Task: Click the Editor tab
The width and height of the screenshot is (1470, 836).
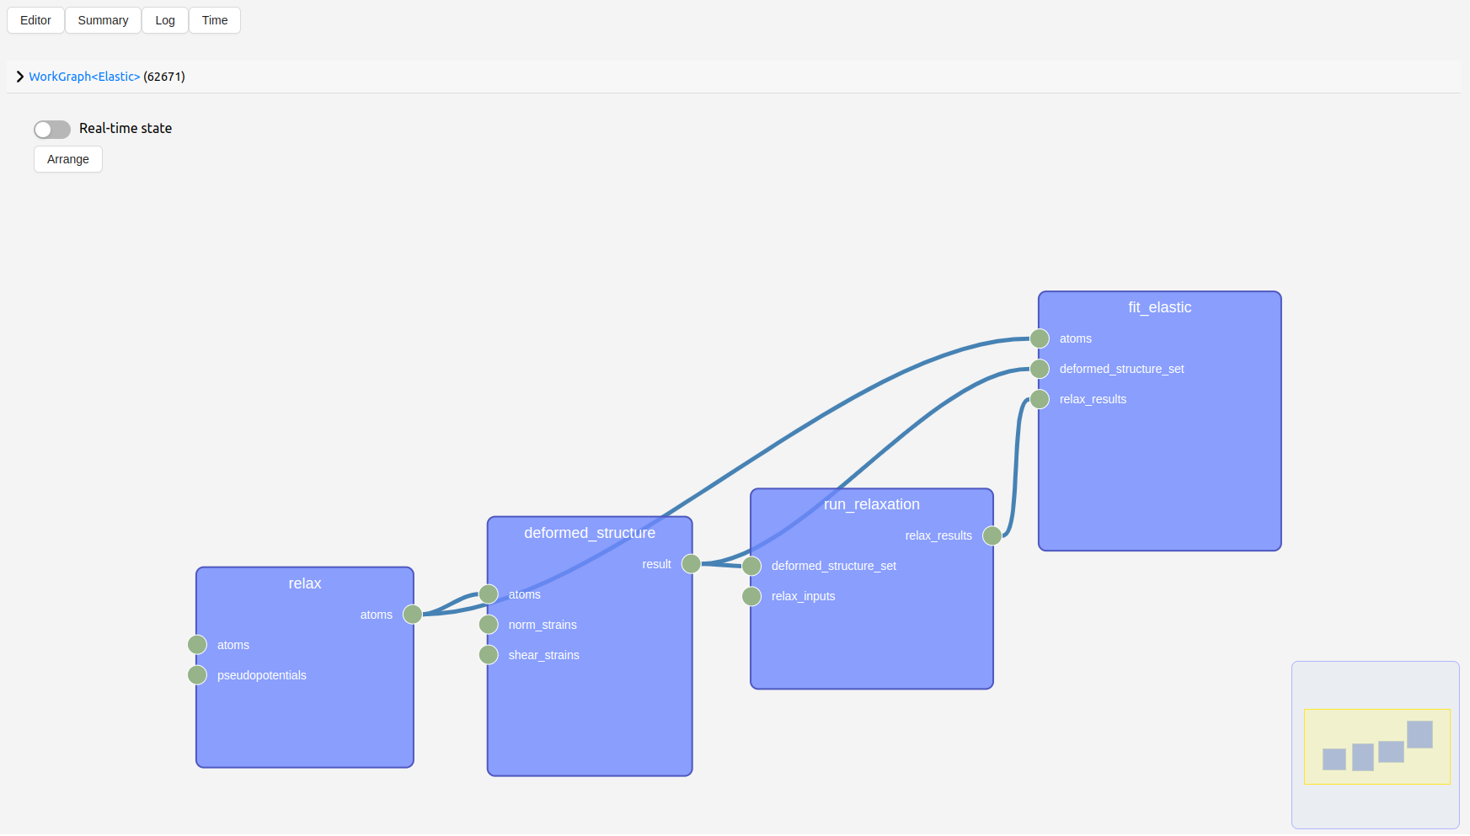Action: tap(35, 20)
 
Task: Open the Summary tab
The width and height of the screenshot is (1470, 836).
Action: tap(103, 20)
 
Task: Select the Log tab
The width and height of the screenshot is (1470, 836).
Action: tap(165, 20)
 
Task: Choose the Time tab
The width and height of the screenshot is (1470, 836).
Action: tap(215, 20)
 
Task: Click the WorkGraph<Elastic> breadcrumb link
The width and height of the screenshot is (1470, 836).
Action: tap(84, 77)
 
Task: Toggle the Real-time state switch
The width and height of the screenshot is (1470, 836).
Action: tap(52, 129)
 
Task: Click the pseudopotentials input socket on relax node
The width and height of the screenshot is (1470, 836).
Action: tap(197, 675)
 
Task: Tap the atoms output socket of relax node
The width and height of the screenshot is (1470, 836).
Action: tap(413, 615)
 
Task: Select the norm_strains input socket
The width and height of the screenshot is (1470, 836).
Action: tap(489, 625)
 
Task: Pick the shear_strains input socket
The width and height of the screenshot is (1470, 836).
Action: tap(489, 655)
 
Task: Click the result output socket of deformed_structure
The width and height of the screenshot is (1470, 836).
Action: tap(692, 564)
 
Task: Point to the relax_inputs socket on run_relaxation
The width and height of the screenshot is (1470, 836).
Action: tap(751, 596)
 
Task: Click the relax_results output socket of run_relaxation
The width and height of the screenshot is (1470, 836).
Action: tap(992, 535)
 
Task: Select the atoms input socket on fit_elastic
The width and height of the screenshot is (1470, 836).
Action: tap(1040, 338)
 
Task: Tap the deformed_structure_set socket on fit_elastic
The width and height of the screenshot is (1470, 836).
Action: tap(1040, 369)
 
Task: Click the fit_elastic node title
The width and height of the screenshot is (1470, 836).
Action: tap(1160, 307)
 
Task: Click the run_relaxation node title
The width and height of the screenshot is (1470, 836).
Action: tap(872, 504)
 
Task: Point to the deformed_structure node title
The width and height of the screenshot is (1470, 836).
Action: tap(590, 533)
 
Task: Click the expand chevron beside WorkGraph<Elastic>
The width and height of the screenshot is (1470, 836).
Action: tap(20, 77)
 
